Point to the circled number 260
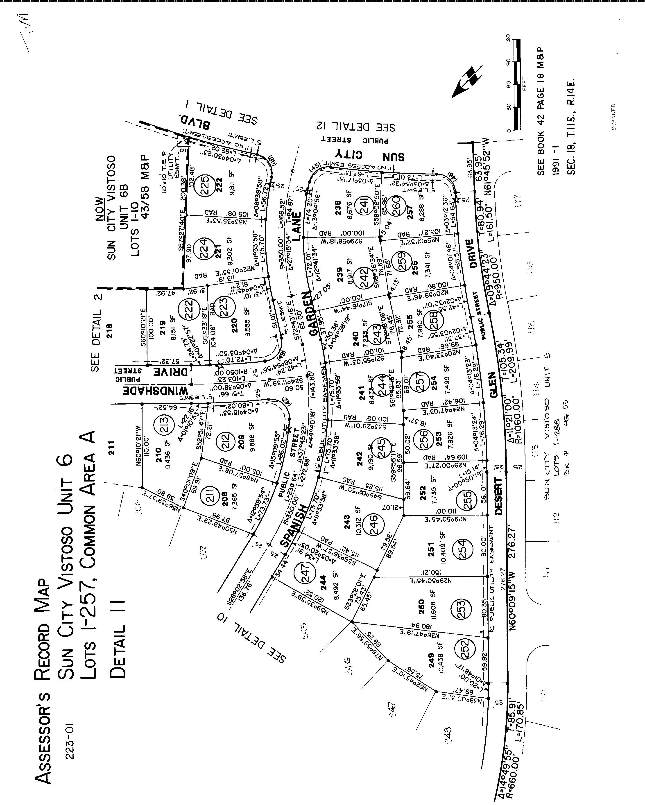396,204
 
